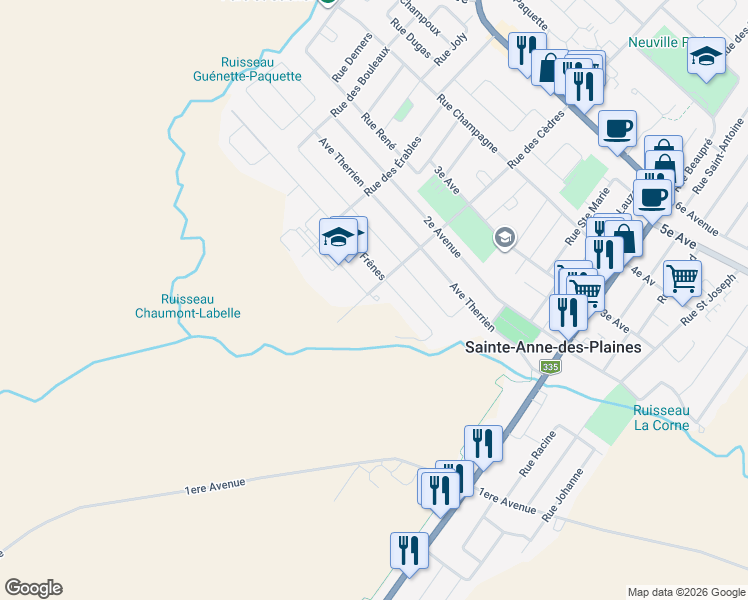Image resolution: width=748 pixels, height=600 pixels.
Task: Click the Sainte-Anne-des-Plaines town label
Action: click(x=553, y=346)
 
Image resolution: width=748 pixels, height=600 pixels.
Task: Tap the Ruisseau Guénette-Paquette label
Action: click(x=248, y=68)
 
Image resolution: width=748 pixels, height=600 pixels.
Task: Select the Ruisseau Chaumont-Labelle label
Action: click(x=201, y=305)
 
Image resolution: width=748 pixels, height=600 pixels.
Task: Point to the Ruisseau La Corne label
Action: click(x=661, y=417)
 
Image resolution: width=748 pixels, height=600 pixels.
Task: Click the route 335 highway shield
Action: click(x=550, y=368)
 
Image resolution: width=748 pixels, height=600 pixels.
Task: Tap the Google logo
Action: click(x=33, y=588)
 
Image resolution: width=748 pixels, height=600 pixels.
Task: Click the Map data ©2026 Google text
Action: click(x=685, y=592)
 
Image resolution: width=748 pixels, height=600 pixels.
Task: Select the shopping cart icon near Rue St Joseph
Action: click(x=682, y=279)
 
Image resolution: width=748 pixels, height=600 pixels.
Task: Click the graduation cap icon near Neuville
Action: click(x=706, y=56)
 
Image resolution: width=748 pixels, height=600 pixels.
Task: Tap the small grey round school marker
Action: click(x=505, y=237)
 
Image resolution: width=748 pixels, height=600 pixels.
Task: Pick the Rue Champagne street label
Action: click(x=467, y=123)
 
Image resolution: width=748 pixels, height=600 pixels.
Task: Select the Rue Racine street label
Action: click(x=537, y=454)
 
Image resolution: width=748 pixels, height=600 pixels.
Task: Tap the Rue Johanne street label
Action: click(x=562, y=496)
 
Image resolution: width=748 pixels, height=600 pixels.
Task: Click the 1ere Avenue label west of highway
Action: click(x=214, y=485)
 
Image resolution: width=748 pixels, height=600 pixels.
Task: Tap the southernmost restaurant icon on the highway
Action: click(x=409, y=550)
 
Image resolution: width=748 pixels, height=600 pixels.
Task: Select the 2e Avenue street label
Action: click(x=441, y=235)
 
